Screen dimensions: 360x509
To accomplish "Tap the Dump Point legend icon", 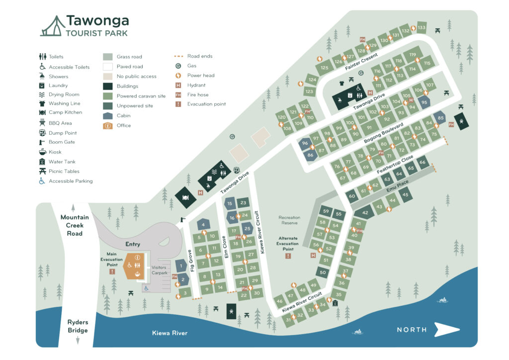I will click(42, 133).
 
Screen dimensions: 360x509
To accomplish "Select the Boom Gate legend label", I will click(62, 142).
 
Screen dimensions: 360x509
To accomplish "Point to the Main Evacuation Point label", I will click(111, 259).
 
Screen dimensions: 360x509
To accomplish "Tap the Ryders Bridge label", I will click(78, 326).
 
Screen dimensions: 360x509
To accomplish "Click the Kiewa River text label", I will click(170, 333).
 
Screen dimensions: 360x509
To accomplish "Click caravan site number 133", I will click(422, 27).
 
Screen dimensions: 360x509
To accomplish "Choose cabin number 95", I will click(424, 102).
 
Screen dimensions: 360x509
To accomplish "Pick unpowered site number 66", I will click(423, 163).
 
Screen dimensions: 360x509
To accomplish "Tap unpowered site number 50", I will click(323, 272).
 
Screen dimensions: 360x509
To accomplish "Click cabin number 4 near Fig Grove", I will click(203, 225).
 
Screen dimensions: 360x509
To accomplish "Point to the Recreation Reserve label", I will click(289, 220).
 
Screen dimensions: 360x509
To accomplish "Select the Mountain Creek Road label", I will click(75, 225).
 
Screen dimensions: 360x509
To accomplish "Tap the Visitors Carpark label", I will click(159, 270).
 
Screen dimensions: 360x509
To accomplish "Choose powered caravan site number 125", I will click(324, 68).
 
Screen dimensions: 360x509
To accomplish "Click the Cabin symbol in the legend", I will click(108, 115).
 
